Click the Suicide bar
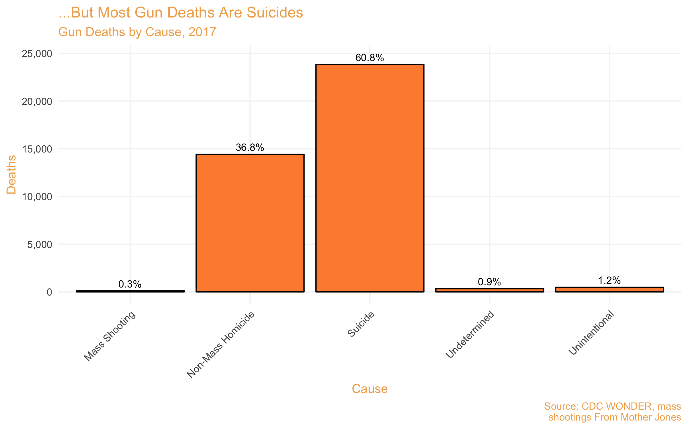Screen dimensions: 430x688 coord(370,178)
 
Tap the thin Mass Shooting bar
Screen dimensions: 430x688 coord(130,291)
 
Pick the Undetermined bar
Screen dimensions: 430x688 coord(490,290)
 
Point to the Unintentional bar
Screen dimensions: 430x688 coord(609,290)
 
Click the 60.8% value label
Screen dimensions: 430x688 coord(370,58)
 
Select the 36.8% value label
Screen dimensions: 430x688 coord(250,148)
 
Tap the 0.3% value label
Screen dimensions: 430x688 coord(130,284)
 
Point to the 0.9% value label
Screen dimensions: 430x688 coord(489,282)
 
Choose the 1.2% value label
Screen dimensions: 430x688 coord(609,281)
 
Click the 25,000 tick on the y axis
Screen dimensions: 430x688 coord(37,54)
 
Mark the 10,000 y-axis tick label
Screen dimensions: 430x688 coord(37,197)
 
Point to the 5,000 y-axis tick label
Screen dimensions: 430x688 coord(40,245)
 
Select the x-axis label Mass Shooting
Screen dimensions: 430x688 coord(110,336)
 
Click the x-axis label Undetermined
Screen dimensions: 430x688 coord(470,334)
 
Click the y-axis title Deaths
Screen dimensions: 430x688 coord(11,175)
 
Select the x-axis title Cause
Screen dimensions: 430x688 coord(370,389)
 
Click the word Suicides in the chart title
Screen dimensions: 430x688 coord(275,13)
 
